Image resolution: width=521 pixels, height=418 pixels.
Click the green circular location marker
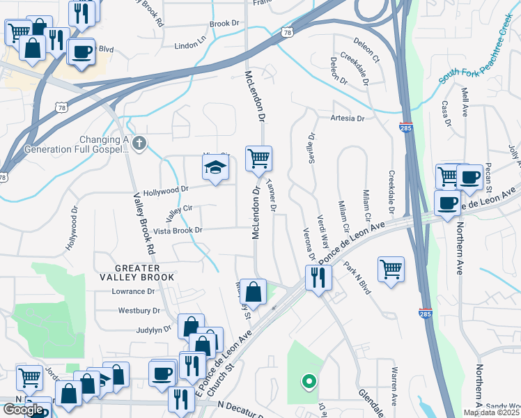click(307, 381)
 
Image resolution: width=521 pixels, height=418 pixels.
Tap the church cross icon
click(139, 144)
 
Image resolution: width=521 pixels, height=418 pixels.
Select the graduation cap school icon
click(215, 167)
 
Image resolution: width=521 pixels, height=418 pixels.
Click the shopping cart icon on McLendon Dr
click(258, 158)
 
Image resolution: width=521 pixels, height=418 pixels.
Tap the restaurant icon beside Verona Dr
click(318, 278)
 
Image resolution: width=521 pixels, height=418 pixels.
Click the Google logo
click(23, 409)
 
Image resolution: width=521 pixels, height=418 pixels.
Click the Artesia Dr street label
click(348, 118)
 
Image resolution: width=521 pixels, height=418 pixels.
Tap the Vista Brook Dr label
click(178, 230)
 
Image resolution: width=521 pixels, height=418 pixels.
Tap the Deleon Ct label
click(366, 47)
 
